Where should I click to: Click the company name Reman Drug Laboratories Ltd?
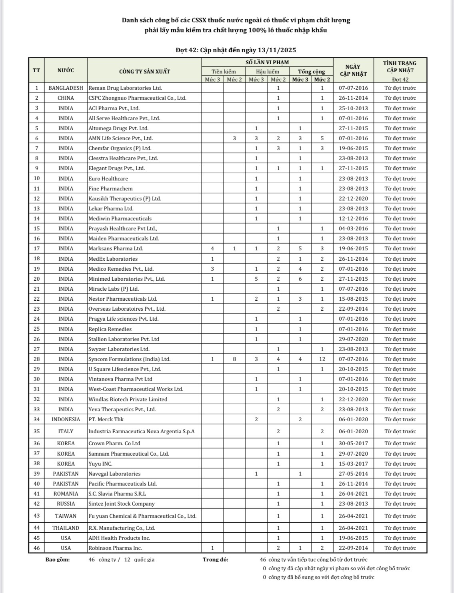coord(125,88)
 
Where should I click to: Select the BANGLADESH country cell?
coord(66,88)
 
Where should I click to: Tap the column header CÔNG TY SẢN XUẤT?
coord(144,71)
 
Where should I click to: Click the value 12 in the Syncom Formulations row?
coord(322,359)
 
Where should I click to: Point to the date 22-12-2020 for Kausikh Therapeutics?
coord(353,198)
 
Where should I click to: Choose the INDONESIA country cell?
coord(66,419)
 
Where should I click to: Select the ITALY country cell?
coord(66,431)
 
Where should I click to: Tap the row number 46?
coord(37,548)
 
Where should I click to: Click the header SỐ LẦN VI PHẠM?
coord(267,62)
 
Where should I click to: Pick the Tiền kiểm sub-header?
coord(224,71)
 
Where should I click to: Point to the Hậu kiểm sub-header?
coord(267,71)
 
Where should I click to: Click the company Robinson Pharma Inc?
coord(115,548)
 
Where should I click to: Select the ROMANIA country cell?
coord(66,494)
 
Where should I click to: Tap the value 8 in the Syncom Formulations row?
coord(234,359)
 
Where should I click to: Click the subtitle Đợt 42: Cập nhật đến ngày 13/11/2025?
coord(236,50)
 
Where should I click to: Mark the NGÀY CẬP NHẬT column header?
coord(353,70)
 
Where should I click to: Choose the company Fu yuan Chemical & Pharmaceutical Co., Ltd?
coord(142,516)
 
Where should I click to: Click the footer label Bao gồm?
coord(58,559)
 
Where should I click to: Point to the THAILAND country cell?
coord(66,528)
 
